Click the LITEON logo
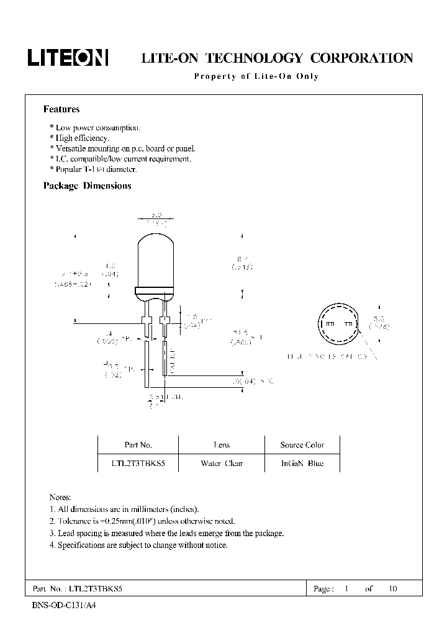tap(68, 58)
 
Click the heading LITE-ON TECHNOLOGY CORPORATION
tap(277, 58)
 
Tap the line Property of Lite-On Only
tap(256, 76)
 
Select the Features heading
tap(61, 109)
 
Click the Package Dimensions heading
tap(87, 186)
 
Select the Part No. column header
tap(138, 445)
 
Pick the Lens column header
tap(221, 445)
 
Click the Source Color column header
tap(302, 445)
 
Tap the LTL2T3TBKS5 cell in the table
tap(138, 463)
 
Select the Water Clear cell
tap(221, 463)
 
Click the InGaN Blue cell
tap(302, 463)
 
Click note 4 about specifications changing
tap(138, 545)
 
